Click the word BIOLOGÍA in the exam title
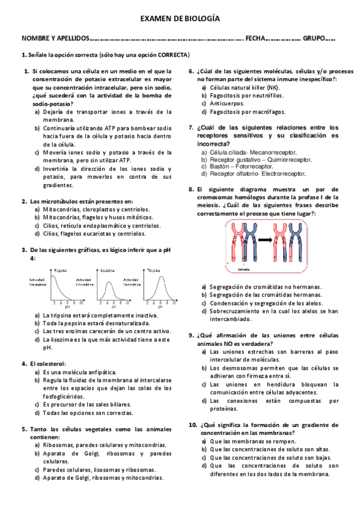click(200, 19)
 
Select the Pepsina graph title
click(61, 270)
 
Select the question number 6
click(191, 71)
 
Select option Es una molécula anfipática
click(79, 372)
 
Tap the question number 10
click(192, 425)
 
